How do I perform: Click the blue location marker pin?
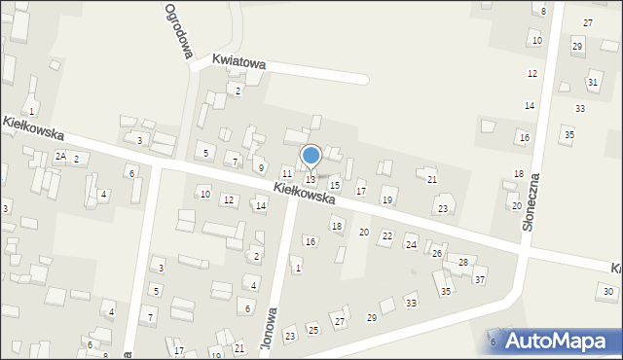[x=311, y=157]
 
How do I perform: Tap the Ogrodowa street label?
[x=176, y=31]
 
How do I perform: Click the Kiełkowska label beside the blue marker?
[x=305, y=193]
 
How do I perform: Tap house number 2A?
[x=60, y=157]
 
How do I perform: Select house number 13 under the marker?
[x=311, y=179]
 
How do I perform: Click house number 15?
[x=334, y=185]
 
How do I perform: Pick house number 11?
[x=286, y=172]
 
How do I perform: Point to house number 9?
[x=260, y=167]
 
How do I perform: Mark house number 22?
[x=386, y=236]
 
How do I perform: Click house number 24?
[x=411, y=244]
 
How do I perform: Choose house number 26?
[x=437, y=253]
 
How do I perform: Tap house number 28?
[x=463, y=263]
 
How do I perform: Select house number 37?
[x=480, y=280]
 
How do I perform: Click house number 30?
[x=607, y=291]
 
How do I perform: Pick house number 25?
[x=312, y=330]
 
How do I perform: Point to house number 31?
[x=592, y=82]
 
